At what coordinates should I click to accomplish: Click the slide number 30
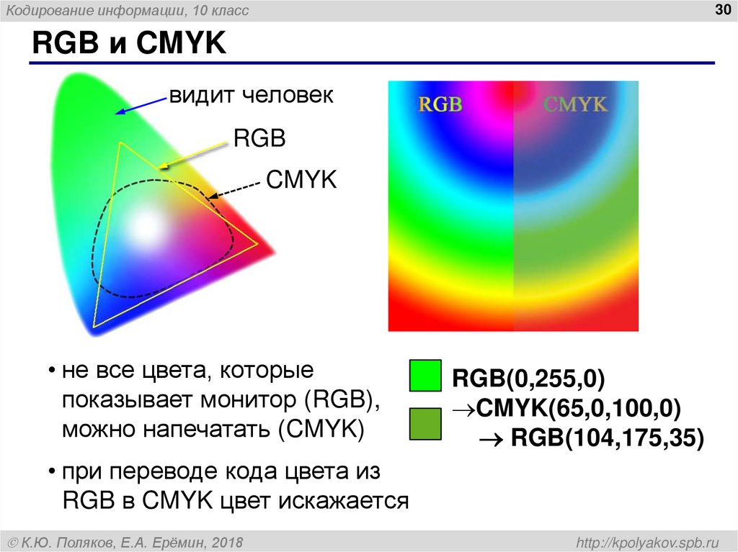pos(721,9)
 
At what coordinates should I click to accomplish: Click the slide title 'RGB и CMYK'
pos(128,45)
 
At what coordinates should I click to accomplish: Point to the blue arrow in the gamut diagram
pos(140,105)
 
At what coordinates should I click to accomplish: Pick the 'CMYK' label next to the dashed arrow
pos(301,179)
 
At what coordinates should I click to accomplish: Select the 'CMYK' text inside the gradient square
pos(575,104)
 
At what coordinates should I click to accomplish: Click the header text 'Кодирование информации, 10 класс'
pos(128,11)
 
